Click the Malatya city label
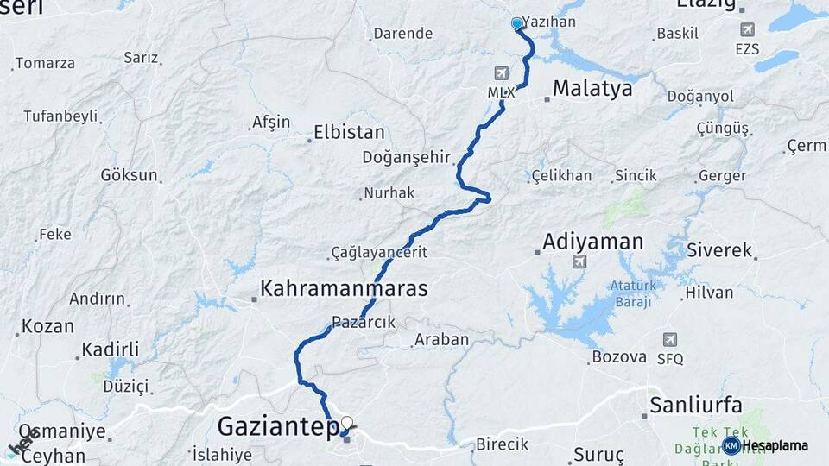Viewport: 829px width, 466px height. [592, 88]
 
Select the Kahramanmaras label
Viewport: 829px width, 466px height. [344, 287]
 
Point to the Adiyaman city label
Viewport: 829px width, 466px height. [593, 241]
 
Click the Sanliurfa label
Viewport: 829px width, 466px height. [697, 404]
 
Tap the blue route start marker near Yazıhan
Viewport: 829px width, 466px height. [516, 23]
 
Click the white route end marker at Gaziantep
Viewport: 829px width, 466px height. [347, 423]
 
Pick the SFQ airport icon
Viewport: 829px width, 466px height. [669, 340]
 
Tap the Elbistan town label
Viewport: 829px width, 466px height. [349, 133]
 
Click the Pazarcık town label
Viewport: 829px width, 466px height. [364, 322]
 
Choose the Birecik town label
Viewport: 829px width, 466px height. [502, 444]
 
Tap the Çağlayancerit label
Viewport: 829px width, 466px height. [379, 253]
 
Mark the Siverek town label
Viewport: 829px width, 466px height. [719, 250]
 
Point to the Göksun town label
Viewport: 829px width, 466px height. [130, 175]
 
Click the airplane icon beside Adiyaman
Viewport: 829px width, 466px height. [578, 261]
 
